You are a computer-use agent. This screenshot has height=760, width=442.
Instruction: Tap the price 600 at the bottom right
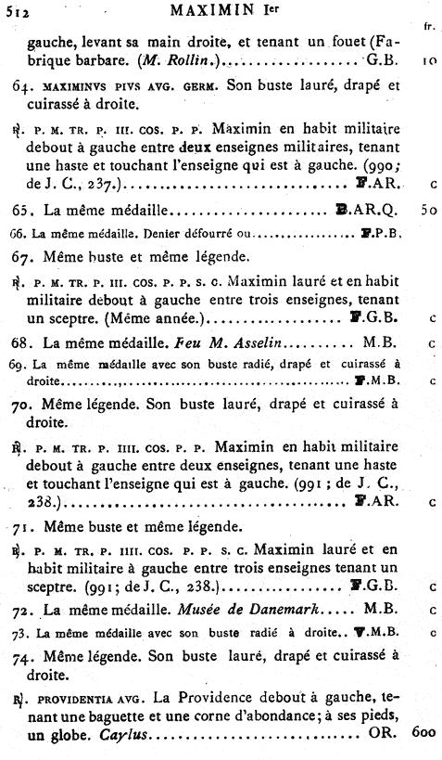pos(423,733)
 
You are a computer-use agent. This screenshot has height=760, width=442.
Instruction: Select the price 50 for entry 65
pos(427,211)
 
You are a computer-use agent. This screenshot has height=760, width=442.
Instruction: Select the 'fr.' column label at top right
pos(428,26)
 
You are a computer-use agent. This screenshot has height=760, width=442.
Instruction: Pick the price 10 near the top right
pos(427,63)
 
